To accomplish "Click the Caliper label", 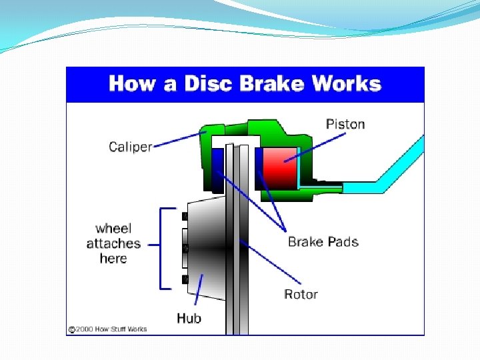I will click(x=130, y=147).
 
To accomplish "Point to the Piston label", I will click(x=345, y=124).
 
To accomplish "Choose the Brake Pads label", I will click(x=323, y=241).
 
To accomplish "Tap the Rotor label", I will click(x=301, y=294).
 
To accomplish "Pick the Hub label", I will click(x=189, y=318).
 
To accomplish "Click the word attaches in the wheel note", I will click(x=113, y=244).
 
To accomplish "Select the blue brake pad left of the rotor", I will click(x=217, y=167).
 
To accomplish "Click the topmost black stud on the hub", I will click(x=185, y=215).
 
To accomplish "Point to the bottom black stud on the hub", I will click(x=185, y=279).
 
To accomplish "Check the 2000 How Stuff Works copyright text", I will click(x=107, y=329).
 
